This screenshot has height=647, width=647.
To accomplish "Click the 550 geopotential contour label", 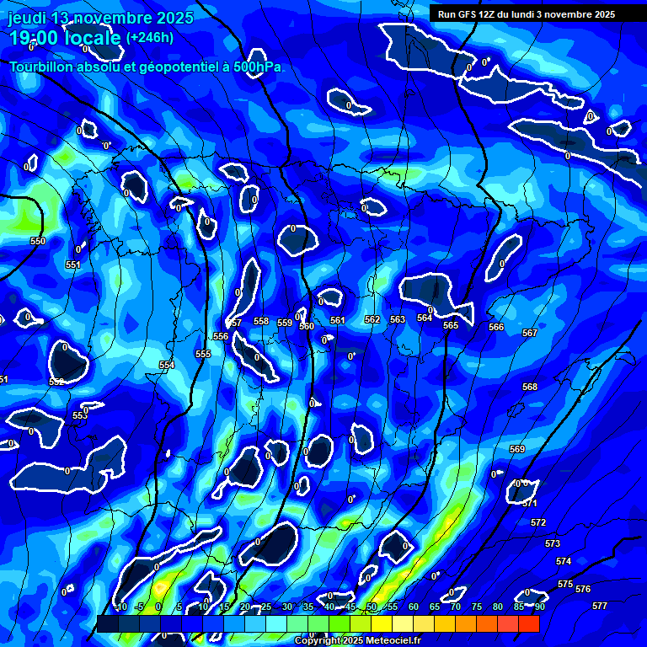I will click(x=38, y=242).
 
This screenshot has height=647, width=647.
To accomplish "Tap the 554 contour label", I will click(x=167, y=365).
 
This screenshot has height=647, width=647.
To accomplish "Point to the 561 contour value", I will click(x=338, y=321).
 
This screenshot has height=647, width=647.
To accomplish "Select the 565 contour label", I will click(x=451, y=325).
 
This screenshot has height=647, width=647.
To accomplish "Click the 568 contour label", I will click(x=530, y=388).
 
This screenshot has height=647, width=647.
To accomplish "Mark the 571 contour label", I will click(x=530, y=503).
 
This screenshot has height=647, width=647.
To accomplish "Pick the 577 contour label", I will click(x=600, y=606).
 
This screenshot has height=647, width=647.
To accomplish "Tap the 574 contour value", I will click(x=564, y=561).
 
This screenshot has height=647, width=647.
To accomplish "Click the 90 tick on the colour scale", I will click(x=539, y=607).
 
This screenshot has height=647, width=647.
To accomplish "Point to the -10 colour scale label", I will click(x=120, y=607).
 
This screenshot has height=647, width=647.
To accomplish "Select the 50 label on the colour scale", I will click(x=372, y=607).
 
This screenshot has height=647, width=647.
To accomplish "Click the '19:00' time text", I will click(x=33, y=38).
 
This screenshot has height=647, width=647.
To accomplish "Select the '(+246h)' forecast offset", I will click(x=150, y=38).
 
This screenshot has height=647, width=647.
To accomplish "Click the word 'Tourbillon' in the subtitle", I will click(x=42, y=67).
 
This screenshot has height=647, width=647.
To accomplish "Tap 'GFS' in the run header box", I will click(x=476, y=14).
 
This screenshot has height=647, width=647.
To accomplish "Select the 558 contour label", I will click(x=261, y=321).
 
